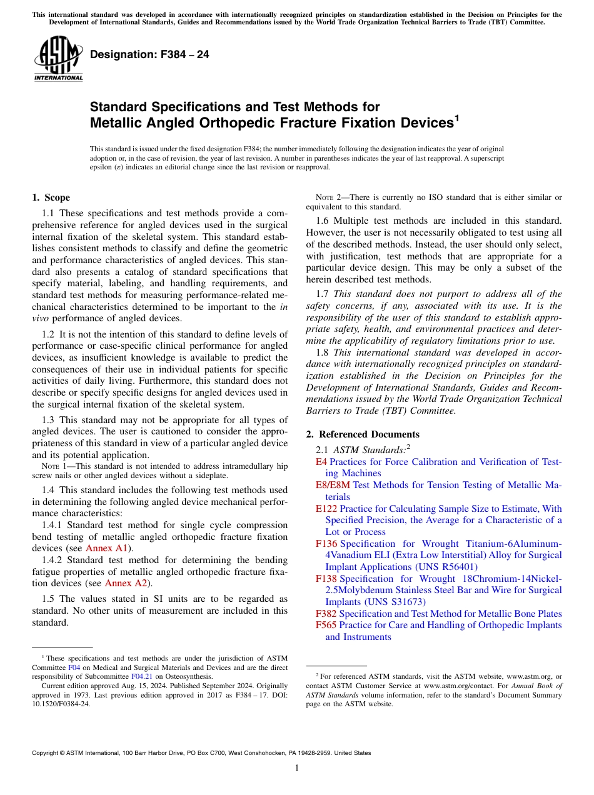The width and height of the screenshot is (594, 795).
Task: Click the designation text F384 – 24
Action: pyautogui.click(x=149, y=55)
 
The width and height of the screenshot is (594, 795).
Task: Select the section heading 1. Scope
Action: pyautogui.click(x=51, y=197)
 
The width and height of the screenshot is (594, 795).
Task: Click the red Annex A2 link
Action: pyautogui.click(x=126, y=583)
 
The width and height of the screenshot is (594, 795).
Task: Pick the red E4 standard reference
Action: pyautogui.click(x=321, y=462)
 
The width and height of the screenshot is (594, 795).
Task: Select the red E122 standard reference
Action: pyautogui.click(x=326, y=509)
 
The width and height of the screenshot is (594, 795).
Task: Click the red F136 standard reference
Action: pyautogui.click(x=326, y=544)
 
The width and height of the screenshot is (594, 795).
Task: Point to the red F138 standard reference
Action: pyautogui.click(x=326, y=579)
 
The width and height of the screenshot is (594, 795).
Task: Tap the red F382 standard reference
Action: pyautogui.click(x=326, y=614)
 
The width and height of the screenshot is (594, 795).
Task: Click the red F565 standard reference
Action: pyautogui.click(x=326, y=625)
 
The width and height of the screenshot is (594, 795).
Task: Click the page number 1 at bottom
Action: pyautogui.click(x=297, y=767)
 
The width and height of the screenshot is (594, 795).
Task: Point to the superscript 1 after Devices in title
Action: pyautogui.click(x=456, y=117)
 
